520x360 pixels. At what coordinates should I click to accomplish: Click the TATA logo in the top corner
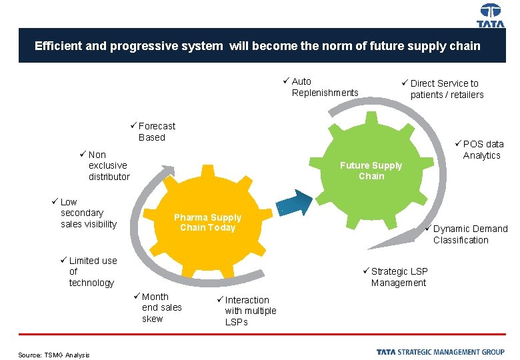point(491,15)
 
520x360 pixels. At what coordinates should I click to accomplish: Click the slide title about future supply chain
point(257,46)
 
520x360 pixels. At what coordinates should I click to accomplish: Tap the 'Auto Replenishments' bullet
point(324,87)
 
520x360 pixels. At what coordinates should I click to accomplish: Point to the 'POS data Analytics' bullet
point(481,149)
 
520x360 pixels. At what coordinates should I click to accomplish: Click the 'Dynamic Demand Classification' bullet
point(469,234)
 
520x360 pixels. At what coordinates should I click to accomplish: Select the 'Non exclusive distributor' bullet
point(107,165)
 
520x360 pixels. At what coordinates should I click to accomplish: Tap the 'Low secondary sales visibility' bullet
point(87,213)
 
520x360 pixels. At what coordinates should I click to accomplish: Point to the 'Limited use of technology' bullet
point(91,271)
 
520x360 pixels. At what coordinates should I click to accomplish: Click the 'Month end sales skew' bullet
point(160,307)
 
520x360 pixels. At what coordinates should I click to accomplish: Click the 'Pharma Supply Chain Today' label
point(207,223)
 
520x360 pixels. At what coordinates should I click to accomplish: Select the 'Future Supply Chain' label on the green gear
point(371,171)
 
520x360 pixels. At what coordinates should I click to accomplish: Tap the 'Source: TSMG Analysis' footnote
point(54,355)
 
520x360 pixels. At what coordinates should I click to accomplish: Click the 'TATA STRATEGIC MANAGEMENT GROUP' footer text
point(440,352)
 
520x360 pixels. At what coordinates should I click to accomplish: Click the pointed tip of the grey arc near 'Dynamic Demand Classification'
point(371,247)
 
